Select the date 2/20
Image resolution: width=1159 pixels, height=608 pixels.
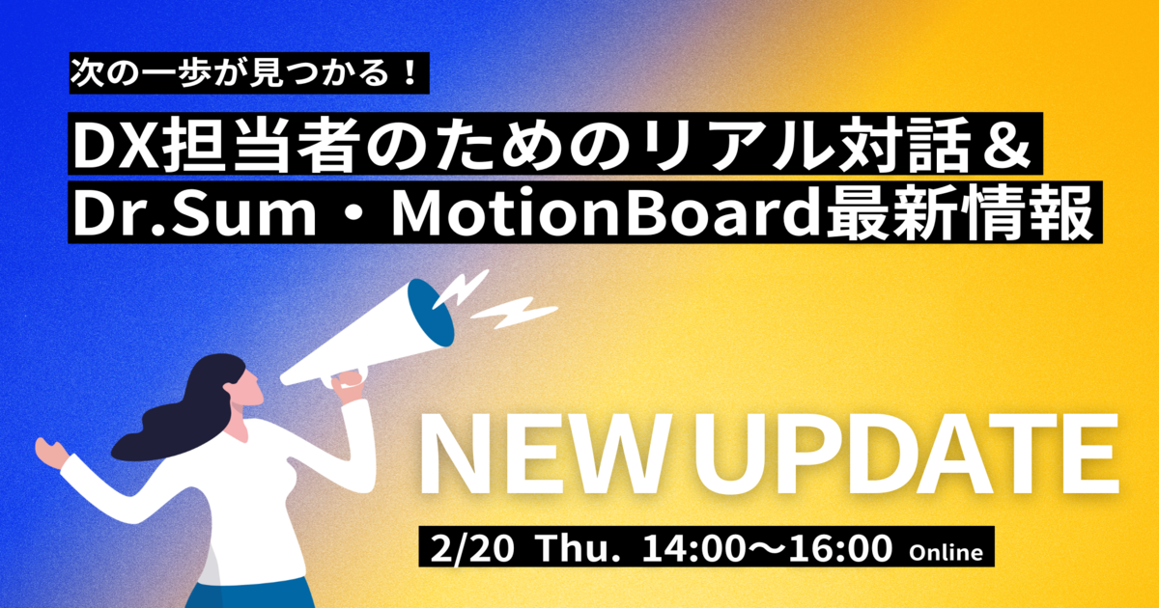click(x=472, y=548)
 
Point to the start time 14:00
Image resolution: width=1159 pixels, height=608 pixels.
click(x=691, y=548)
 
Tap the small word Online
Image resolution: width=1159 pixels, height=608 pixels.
click(x=946, y=553)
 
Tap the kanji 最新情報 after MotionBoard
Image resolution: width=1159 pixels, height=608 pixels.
click(x=960, y=213)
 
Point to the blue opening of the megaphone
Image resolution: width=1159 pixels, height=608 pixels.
click(x=431, y=313)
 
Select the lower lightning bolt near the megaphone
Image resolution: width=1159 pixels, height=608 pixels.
click(x=514, y=313)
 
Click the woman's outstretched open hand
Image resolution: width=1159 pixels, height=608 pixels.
click(x=52, y=453)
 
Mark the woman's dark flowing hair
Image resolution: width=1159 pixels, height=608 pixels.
click(x=182, y=408)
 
